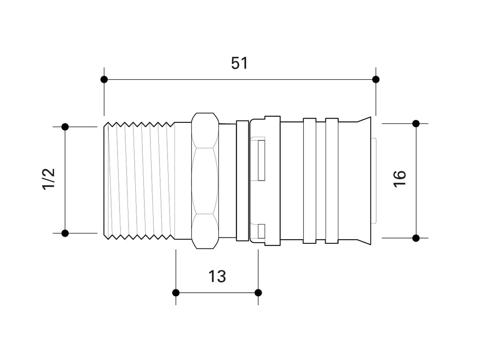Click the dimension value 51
pyautogui.click(x=239, y=63)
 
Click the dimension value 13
pyautogui.click(x=217, y=276)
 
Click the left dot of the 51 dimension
pyautogui.click(x=104, y=79)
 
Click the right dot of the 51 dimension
pyautogui.click(x=376, y=79)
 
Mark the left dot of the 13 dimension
pyautogui.click(x=176, y=293)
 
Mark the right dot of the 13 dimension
pyautogui.click(x=258, y=293)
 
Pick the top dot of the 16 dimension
pyautogui.click(x=416, y=123)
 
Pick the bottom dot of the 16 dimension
pyautogui.click(x=416, y=238)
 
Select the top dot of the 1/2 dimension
pyautogui.click(x=65, y=127)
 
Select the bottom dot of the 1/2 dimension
pyautogui.click(x=65, y=233)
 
